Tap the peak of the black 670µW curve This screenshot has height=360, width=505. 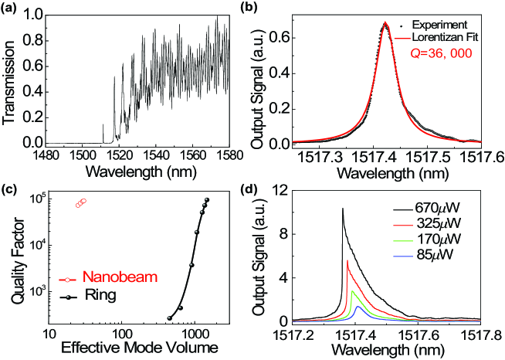coord(343,209)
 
